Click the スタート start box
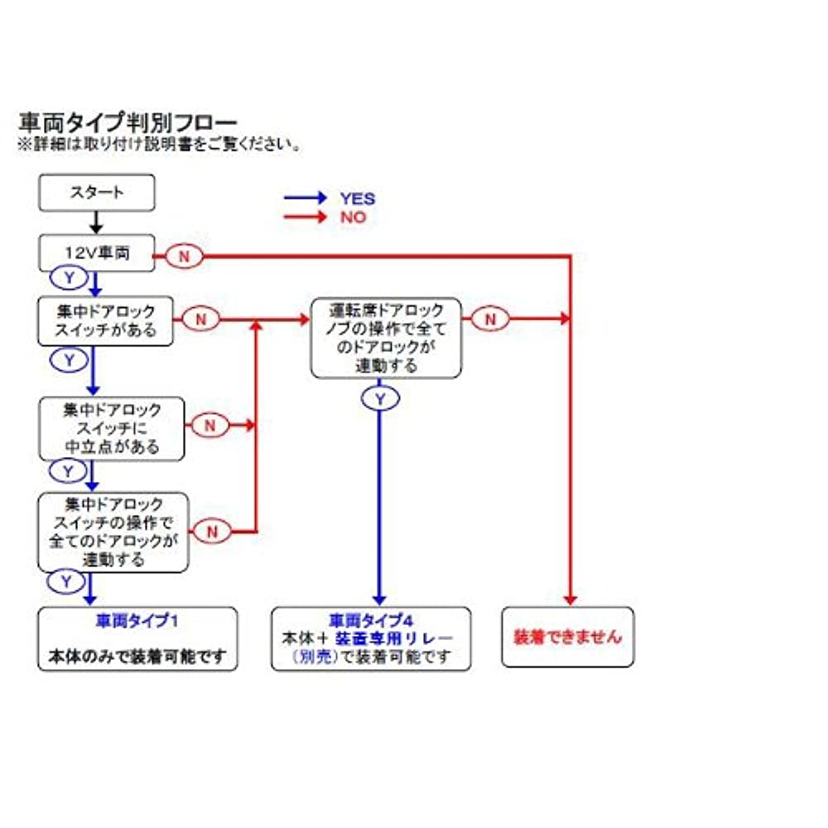[96, 192]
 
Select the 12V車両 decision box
[96, 253]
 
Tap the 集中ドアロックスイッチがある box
[106, 321]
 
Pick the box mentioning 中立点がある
[112, 429]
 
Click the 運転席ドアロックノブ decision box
[386, 338]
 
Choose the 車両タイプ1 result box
[137, 638]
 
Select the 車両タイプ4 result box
[371, 638]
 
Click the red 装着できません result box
[567, 638]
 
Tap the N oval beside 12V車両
[184, 257]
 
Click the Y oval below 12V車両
[70, 277]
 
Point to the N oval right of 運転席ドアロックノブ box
[490, 318]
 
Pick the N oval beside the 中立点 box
[209, 425]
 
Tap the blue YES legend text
[357, 199]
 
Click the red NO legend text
[352, 218]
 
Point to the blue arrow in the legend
[305, 199]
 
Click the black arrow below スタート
[96, 222]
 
